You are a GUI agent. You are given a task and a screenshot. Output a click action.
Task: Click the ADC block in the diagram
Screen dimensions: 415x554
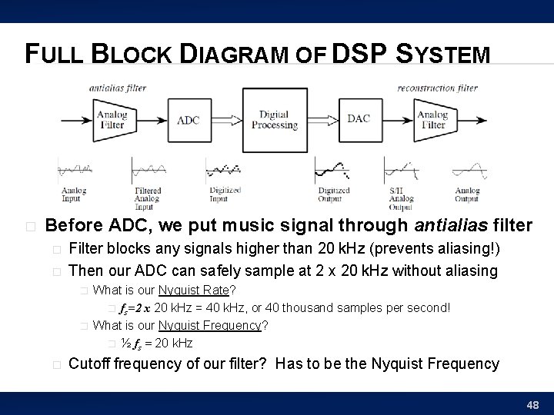tap(189, 120)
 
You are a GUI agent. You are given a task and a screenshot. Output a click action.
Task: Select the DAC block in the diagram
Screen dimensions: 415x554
tap(359, 118)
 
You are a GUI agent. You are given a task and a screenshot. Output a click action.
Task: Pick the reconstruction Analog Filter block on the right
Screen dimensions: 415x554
tap(432, 120)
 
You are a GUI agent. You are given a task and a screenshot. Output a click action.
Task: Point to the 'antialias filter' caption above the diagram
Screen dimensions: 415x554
tap(118, 88)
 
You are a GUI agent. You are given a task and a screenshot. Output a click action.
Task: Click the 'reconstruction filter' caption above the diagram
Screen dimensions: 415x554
tap(438, 88)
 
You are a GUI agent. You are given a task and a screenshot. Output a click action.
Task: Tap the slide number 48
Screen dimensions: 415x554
tap(532, 403)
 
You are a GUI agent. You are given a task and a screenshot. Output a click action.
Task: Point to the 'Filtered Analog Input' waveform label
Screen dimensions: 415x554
tap(147, 198)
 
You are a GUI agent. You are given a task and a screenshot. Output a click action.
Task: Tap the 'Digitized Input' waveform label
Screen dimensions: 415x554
tap(225, 194)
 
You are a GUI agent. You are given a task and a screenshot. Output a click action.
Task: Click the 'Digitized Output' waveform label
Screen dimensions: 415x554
tap(334, 194)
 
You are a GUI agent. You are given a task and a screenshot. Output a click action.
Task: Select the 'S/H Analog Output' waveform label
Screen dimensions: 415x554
tap(400, 198)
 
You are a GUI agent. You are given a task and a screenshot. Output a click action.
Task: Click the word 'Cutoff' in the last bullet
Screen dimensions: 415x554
tap(90, 364)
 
